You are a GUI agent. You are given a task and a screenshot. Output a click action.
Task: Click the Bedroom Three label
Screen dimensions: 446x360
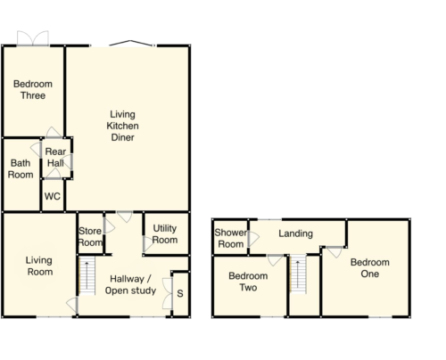coord(33,90)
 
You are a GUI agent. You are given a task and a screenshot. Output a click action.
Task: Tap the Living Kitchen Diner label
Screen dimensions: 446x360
coord(122,126)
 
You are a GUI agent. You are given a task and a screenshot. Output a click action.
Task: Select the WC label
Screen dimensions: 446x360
coord(53,196)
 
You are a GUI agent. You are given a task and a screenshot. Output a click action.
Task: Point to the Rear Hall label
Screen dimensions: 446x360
coord(55,157)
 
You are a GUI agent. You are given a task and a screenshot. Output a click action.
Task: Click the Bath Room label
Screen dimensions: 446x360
coord(21,168)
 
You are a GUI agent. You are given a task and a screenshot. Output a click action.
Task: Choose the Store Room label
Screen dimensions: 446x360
coord(90,237)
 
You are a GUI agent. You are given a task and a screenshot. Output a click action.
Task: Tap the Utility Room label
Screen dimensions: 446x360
coord(165,234)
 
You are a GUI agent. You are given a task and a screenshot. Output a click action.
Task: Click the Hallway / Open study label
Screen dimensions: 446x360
coord(130,284)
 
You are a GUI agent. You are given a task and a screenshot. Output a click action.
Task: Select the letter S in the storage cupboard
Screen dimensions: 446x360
coord(180,294)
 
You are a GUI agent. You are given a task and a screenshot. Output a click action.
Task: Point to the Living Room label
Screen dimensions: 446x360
coord(39,266)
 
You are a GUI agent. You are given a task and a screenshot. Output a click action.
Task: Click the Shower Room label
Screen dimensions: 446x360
coord(231,238)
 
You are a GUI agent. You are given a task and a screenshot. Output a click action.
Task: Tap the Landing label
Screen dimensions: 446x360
coord(295,233)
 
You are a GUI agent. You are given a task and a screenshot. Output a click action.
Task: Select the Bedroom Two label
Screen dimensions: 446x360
coord(248,282)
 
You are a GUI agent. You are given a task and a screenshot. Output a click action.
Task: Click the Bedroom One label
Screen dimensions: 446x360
coord(370,268)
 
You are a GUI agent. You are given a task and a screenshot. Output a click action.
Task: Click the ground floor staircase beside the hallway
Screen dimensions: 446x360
coord(87,275)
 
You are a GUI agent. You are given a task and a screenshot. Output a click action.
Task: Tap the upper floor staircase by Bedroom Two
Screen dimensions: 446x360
coord(298,274)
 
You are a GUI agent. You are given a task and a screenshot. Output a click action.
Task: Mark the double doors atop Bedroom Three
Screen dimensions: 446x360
coord(33,38)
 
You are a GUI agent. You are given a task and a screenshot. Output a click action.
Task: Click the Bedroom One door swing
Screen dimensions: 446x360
coord(334,252)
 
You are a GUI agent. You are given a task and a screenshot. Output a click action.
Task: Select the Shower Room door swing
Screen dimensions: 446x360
coord(253,239)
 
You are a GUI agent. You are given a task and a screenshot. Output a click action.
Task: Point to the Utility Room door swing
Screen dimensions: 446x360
coord(148,244)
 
